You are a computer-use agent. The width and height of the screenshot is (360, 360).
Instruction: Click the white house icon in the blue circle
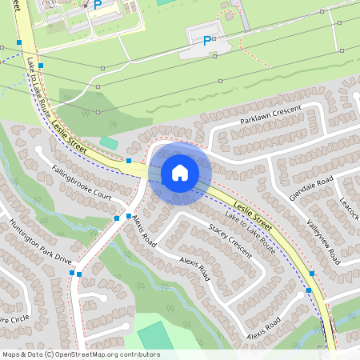coord(180,172)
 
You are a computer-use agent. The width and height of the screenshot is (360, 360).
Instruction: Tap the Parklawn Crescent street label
coord(270,114)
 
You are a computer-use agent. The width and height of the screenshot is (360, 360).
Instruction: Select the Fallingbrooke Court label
coord(80,183)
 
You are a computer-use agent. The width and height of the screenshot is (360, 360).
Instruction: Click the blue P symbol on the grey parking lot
coord(207,41)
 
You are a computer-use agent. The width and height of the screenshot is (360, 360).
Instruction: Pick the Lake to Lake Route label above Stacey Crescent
coord(250,234)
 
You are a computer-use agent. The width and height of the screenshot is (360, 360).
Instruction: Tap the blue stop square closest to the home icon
coord(129,161)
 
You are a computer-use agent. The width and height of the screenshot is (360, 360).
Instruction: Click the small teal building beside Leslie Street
coord(109,142)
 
